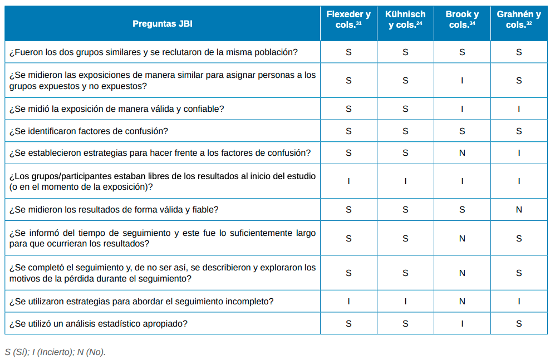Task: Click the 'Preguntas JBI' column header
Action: (x=163, y=24)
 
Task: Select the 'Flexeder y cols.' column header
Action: (x=348, y=19)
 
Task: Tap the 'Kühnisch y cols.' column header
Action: (x=405, y=19)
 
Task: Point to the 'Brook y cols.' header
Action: (x=462, y=19)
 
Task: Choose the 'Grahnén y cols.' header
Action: (x=519, y=19)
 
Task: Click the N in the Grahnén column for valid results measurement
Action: (x=519, y=210)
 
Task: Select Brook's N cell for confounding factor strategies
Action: (x=462, y=152)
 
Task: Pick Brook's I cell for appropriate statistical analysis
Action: (x=462, y=323)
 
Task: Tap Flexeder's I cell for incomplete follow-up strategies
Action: (x=348, y=301)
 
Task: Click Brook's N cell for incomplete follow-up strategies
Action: (x=462, y=301)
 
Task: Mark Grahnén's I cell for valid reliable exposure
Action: (x=519, y=109)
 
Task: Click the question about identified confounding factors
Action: (x=89, y=131)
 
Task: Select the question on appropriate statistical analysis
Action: (x=99, y=323)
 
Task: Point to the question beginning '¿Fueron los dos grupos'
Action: (x=153, y=52)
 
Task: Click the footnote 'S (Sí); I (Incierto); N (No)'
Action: (x=55, y=352)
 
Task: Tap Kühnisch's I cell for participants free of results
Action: (x=405, y=181)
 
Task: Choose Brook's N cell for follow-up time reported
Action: (x=462, y=239)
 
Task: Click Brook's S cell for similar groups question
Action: (x=462, y=52)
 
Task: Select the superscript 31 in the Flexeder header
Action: (x=359, y=23)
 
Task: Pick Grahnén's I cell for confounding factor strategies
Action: (x=519, y=152)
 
